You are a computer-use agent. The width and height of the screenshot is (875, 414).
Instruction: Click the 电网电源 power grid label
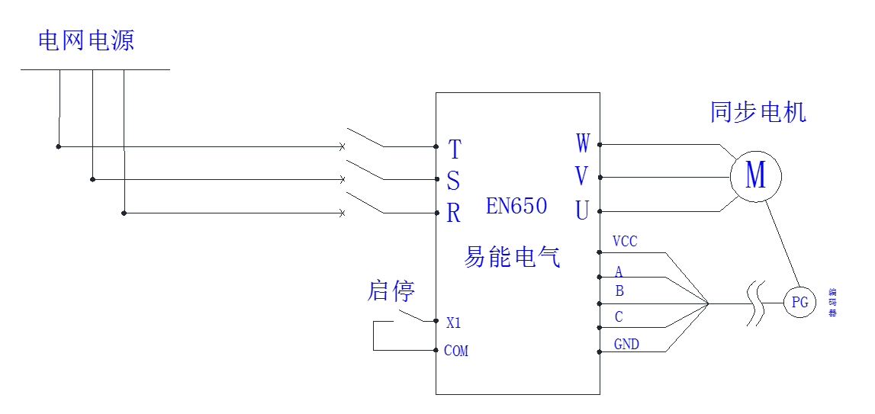click(86, 41)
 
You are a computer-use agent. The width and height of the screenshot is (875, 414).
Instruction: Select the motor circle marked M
click(755, 176)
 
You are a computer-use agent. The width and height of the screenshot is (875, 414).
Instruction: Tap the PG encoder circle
click(799, 303)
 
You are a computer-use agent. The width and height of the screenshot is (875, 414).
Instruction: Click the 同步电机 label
click(758, 113)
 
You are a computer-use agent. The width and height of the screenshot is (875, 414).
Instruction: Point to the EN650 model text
click(516, 206)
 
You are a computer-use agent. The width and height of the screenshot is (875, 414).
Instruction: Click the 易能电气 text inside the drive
click(512, 257)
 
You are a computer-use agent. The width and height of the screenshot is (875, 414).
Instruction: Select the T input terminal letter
click(455, 149)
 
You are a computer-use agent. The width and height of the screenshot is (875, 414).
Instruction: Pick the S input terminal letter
click(453, 181)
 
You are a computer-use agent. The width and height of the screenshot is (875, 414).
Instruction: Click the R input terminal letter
click(453, 214)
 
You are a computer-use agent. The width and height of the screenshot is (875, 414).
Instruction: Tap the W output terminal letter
click(582, 143)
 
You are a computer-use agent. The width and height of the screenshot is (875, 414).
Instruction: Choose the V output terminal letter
click(581, 177)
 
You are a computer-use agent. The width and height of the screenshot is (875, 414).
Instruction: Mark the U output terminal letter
click(581, 210)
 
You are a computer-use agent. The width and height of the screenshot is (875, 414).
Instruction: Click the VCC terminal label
click(625, 242)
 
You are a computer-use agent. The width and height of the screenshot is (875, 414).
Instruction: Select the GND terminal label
click(626, 345)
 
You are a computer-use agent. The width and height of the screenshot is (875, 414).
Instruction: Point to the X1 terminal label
click(454, 323)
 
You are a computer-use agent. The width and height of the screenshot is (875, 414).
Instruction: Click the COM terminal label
click(456, 351)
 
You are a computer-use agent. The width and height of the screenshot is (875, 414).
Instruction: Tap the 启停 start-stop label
click(391, 291)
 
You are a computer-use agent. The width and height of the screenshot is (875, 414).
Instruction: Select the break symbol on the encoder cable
click(754, 303)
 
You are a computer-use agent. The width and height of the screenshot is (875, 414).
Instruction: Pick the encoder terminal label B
click(619, 291)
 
